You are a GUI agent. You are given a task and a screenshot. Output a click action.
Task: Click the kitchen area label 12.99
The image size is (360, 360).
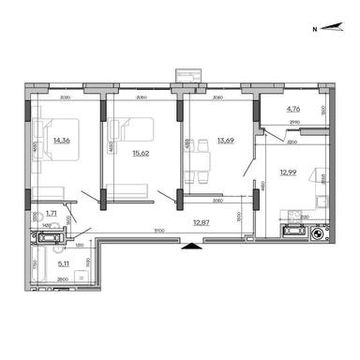(x=288, y=170)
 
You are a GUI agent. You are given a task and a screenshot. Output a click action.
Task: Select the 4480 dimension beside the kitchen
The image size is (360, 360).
(x=265, y=186)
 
